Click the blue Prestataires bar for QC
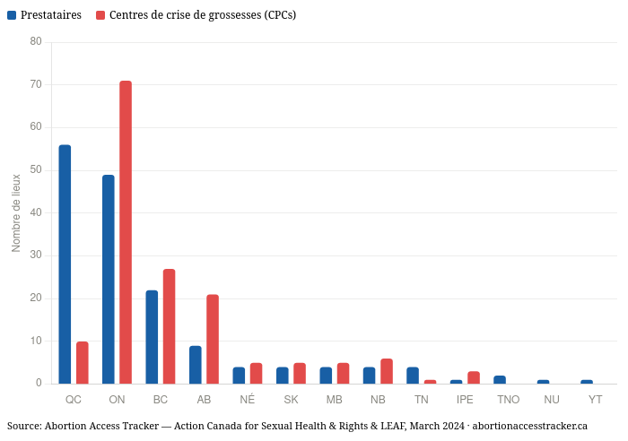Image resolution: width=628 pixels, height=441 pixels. coord(65,264)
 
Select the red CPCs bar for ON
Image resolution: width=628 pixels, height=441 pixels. coord(126,232)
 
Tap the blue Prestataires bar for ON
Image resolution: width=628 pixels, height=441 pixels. coord(109,279)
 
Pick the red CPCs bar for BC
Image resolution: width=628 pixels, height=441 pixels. coord(169,326)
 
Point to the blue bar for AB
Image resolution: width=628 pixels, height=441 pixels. coord(196,365)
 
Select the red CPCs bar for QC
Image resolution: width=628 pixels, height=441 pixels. coord(83,362)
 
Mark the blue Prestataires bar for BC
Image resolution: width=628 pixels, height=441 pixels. coord(152,337)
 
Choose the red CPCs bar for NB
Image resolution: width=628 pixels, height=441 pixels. coord(387,371)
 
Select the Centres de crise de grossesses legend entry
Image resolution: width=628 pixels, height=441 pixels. coord(202,15)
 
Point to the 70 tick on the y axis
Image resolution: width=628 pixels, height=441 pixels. coord(36,84)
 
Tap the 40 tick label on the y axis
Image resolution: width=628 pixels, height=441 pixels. coord(36,212)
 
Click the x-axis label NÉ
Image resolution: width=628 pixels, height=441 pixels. coord(248,399)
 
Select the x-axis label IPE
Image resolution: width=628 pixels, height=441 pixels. coord(465,399)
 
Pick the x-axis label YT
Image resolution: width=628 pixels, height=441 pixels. coord(596,399)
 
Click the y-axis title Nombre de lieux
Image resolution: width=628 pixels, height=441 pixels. coord(16,212)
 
